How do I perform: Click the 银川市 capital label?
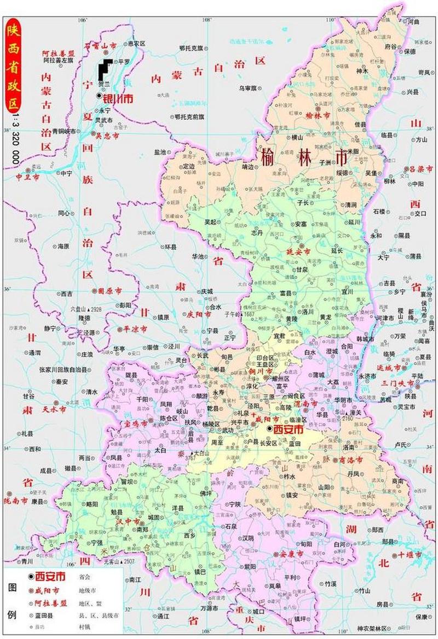119,98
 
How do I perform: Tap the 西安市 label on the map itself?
288,430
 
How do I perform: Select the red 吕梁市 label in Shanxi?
421,169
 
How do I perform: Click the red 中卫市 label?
27,178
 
